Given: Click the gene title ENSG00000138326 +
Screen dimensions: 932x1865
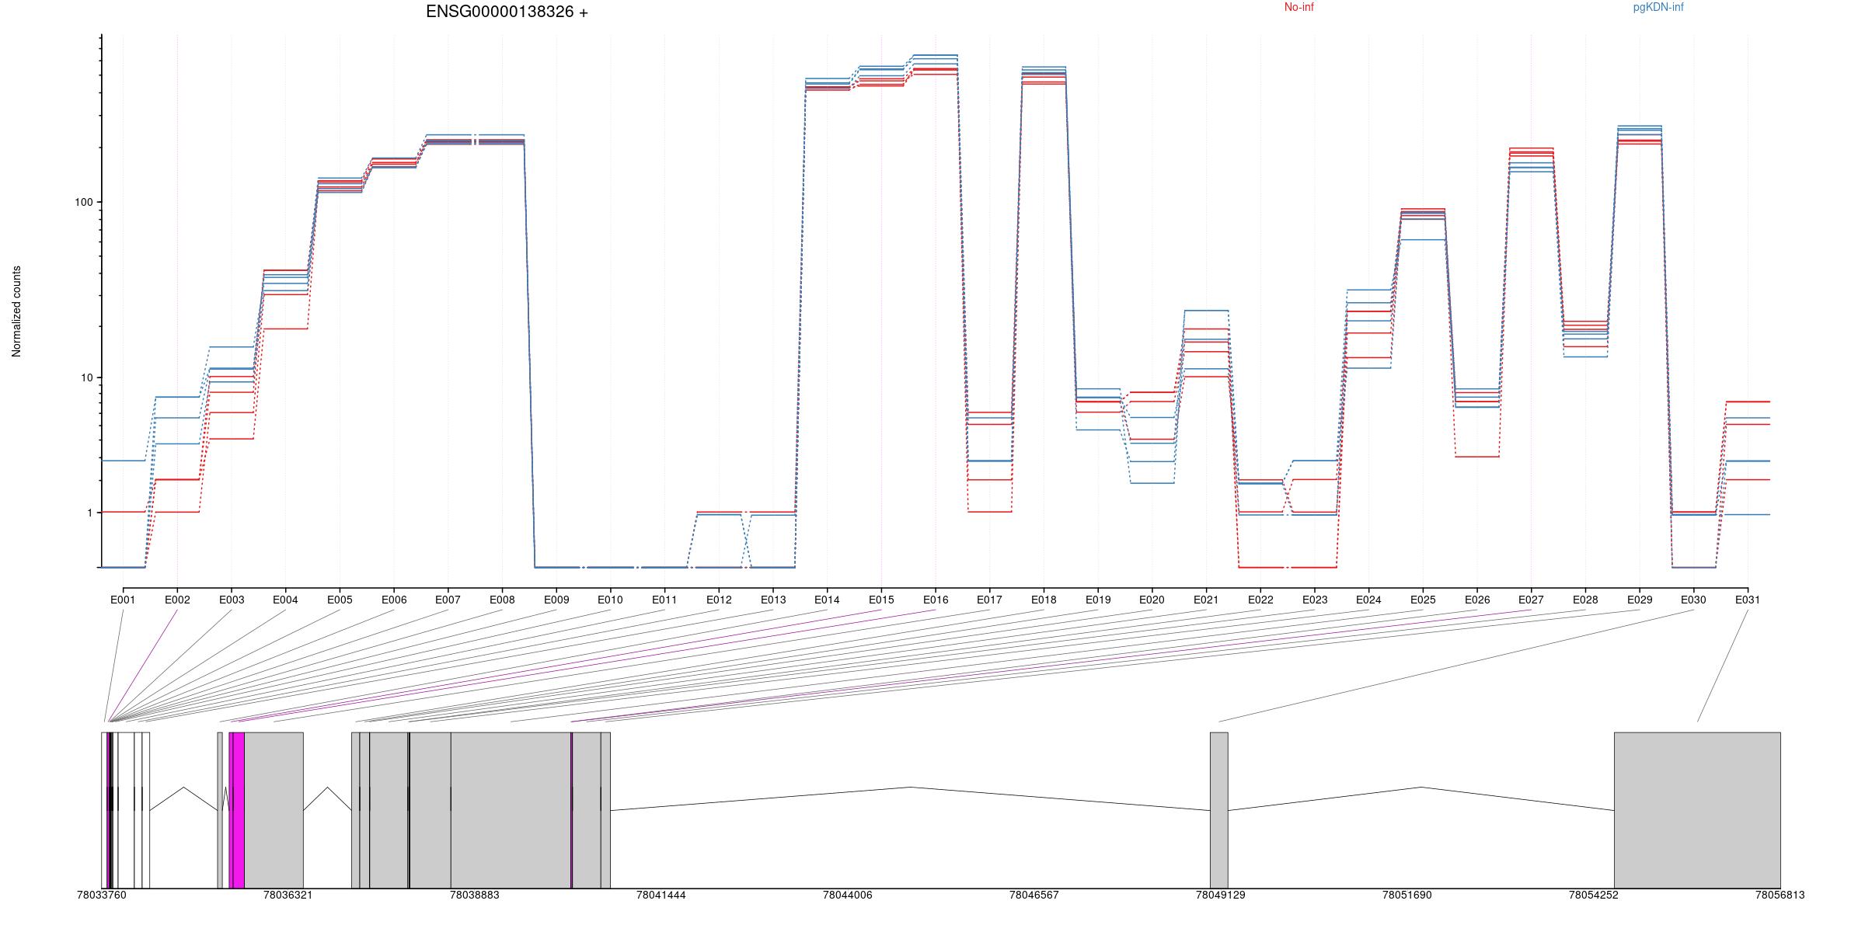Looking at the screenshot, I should (507, 12).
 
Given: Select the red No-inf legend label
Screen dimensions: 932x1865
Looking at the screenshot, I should (1299, 8).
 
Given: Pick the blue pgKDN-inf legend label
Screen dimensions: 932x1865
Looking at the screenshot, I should (1658, 8).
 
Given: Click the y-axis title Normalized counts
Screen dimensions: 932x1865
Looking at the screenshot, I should (17, 311).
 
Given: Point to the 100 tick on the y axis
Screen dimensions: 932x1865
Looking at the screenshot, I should (83, 202).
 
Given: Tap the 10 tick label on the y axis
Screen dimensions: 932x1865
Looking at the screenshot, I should (85, 378).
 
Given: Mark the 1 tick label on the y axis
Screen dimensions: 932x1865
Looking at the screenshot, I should (89, 513).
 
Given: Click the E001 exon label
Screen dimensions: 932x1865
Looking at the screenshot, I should (123, 600).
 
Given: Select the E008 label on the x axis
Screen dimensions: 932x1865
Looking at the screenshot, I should (502, 600).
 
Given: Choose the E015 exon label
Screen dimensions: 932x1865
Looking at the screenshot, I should (881, 600).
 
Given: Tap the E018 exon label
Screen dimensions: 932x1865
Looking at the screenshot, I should (1044, 600).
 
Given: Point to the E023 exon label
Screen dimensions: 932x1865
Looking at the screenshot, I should (1315, 600).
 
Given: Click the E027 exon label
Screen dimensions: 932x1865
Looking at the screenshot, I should (1531, 600).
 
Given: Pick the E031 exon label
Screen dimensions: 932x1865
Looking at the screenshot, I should (1748, 600).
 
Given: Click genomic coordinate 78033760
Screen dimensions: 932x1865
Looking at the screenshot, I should (102, 895).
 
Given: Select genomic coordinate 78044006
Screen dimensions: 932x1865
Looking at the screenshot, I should (848, 895).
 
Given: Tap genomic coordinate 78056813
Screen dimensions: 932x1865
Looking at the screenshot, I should (1780, 895).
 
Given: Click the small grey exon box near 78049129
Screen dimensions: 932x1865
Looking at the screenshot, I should (1218, 809).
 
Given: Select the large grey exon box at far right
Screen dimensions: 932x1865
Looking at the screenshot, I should (1697, 809).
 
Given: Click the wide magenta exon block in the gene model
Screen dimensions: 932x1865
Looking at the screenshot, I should (238, 809).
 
